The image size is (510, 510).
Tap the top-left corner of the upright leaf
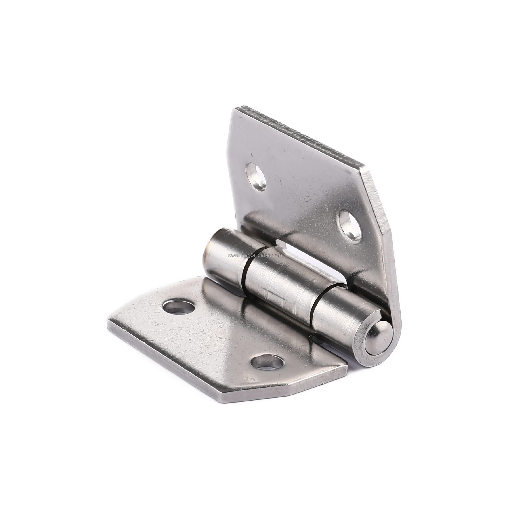pyautogui.click(x=235, y=109)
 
